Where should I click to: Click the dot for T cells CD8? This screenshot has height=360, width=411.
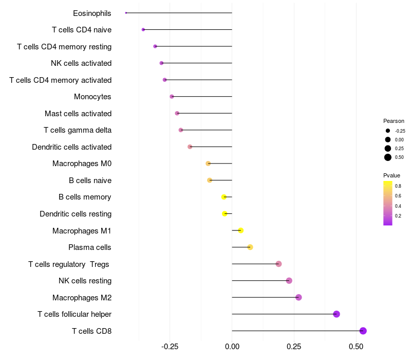tap(363, 331)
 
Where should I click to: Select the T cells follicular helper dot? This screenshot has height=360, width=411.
tap(337, 314)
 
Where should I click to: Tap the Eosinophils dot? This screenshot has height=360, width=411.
tap(126, 13)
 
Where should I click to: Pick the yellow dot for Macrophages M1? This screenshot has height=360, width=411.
tap(240, 230)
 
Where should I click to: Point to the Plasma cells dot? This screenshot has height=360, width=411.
tap(250, 247)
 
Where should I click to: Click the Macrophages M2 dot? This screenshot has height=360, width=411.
tap(298, 297)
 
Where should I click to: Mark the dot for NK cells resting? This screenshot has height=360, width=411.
tap(289, 281)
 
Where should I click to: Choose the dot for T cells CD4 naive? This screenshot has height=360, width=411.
tap(143, 30)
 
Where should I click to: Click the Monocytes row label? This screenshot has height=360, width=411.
tap(92, 97)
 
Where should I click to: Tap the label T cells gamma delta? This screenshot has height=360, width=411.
tap(78, 130)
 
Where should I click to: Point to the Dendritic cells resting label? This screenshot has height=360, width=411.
tap(76, 214)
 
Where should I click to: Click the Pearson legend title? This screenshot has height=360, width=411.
tap(394, 121)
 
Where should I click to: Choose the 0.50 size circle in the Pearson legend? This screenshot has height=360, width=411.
tap(388, 157)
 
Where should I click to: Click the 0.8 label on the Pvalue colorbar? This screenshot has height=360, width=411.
tap(398, 186)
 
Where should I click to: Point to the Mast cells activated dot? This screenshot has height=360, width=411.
tap(177, 113)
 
